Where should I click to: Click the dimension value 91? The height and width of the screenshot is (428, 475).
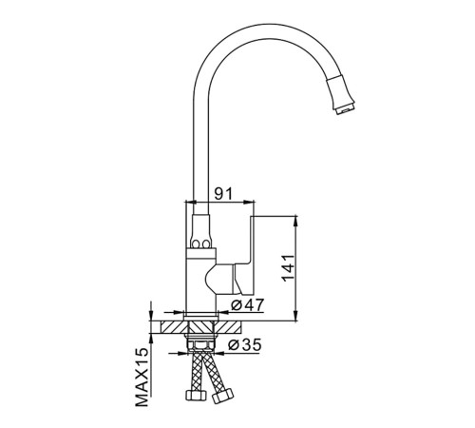[x=223, y=194]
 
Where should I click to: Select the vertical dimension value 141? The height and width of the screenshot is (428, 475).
[x=288, y=268]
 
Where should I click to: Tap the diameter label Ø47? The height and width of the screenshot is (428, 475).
[x=247, y=305]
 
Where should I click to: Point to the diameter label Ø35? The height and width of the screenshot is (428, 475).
[x=245, y=345]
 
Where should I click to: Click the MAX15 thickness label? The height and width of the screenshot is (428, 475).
[x=142, y=377]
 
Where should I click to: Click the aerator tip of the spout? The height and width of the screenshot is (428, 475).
[x=346, y=108]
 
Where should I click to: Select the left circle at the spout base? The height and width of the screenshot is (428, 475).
[x=196, y=244]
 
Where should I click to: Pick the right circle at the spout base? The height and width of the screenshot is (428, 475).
[x=206, y=244]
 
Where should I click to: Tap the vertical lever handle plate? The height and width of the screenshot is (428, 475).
[x=252, y=255]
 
